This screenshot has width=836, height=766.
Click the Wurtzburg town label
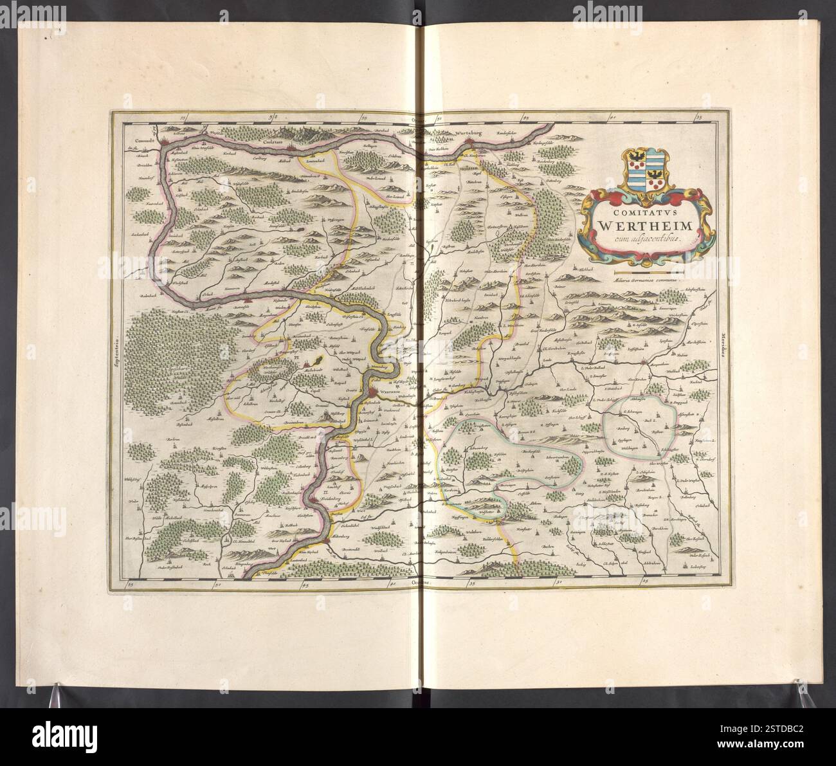(x=468, y=134)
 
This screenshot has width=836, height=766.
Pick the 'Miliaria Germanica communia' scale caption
(x=633, y=282)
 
